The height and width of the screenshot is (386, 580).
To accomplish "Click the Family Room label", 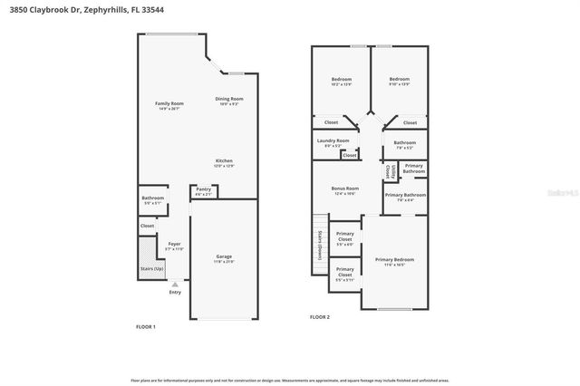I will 169,105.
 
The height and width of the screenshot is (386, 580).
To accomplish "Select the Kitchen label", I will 224,162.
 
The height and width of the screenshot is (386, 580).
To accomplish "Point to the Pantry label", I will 204,190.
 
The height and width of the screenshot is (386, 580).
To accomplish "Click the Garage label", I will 224,257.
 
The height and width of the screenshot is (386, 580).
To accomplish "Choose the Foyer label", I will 174,245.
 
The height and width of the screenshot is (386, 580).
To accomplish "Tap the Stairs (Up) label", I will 152,269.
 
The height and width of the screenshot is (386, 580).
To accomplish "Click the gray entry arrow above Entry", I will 175,284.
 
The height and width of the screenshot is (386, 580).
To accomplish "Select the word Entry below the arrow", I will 175,292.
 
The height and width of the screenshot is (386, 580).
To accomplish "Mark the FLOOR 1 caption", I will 146,327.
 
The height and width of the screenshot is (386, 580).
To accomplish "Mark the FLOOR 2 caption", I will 320,317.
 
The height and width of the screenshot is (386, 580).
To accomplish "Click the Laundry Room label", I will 333,141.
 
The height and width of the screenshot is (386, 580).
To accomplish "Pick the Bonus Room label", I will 345,189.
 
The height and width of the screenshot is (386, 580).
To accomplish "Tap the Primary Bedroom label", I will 393,260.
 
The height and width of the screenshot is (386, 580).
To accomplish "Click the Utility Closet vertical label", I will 388,169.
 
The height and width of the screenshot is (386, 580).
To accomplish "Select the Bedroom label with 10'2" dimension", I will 341,80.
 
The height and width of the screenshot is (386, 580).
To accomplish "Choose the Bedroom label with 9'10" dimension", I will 400,80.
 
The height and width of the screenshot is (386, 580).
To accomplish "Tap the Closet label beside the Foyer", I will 147,226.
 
